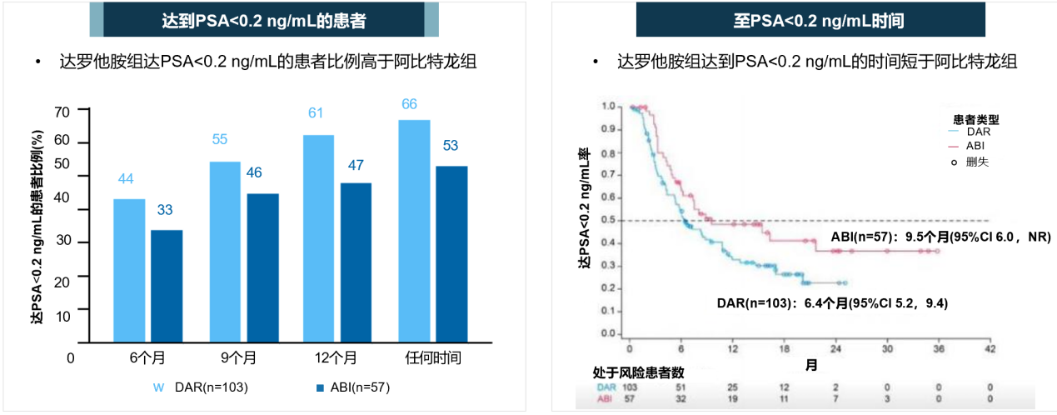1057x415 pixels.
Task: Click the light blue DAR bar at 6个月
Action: click(x=129, y=270)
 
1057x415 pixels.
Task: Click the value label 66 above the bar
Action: click(x=409, y=104)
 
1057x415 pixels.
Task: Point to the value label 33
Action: click(x=165, y=210)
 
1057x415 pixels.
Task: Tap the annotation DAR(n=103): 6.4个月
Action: click(x=832, y=303)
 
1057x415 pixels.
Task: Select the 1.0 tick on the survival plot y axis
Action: click(x=609, y=107)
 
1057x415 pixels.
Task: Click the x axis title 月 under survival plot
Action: click(x=810, y=365)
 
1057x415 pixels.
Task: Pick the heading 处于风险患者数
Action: click(x=638, y=372)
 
